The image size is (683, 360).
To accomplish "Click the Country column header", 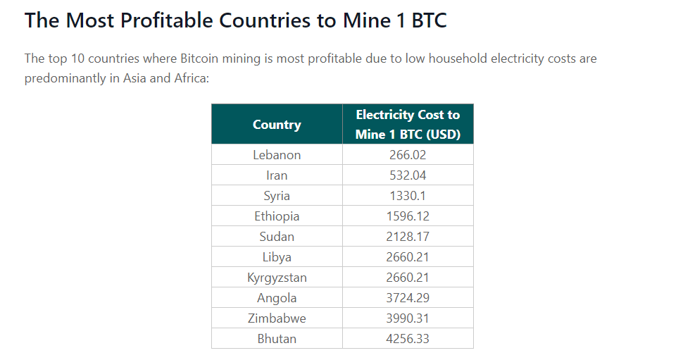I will [x=277, y=125].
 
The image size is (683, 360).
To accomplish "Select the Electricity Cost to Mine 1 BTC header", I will [x=408, y=125].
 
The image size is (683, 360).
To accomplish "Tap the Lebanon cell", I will [x=277, y=155].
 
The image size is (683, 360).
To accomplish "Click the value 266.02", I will [x=408, y=155].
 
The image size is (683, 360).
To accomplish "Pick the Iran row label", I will [x=277, y=175].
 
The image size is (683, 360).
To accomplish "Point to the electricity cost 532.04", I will [x=408, y=175].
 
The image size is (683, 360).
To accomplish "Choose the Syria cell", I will [x=277, y=196].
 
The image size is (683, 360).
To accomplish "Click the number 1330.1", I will [x=408, y=196].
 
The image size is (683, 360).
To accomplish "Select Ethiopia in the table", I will [x=277, y=216].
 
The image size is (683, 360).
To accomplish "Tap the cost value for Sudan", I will [x=408, y=237].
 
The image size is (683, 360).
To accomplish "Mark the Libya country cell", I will [x=277, y=257].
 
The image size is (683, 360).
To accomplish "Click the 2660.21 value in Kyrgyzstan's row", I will [x=408, y=278].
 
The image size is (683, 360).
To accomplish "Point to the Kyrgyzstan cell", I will [x=277, y=278].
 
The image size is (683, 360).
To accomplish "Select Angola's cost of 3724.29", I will [x=408, y=298].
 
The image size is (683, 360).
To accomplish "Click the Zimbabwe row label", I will [x=277, y=318].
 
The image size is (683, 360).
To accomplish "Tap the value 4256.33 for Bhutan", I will [x=408, y=339].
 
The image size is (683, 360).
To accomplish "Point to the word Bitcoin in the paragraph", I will [x=203, y=58].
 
